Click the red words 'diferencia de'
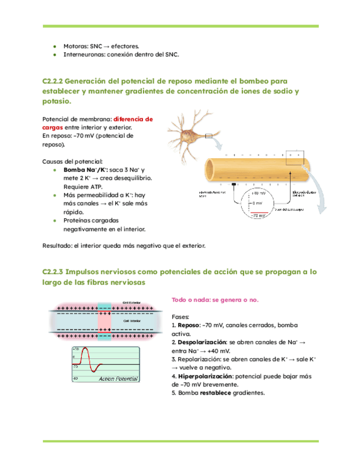(x=133, y=119)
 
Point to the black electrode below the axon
(x=234, y=185)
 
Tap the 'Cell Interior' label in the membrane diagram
(x=132, y=318)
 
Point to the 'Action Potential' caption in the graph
(x=119, y=379)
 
